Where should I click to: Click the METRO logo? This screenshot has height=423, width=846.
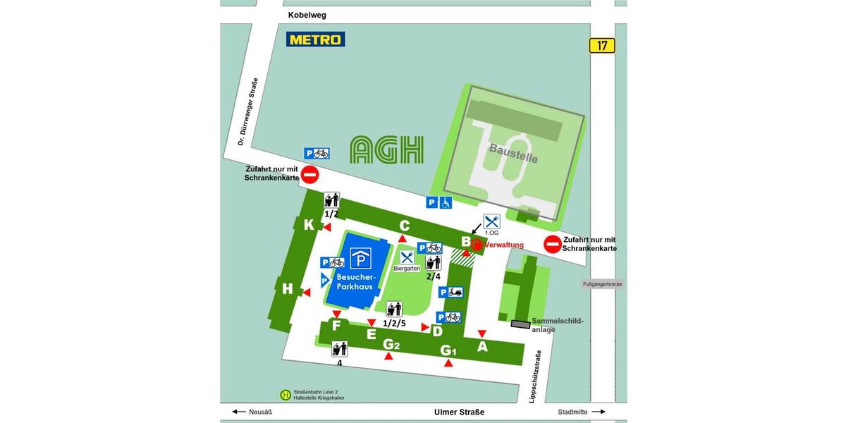pos(315,39)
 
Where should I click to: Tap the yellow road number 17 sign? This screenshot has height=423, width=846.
pos(602,46)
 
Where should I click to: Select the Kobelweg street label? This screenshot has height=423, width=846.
pos(307,15)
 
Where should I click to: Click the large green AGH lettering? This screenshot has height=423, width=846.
pos(387,149)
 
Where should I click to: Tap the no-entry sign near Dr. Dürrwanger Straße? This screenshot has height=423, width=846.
pos(310,175)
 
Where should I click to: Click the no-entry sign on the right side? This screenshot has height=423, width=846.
pos(553,245)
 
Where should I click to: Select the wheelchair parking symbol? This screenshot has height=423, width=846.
pos(446,202)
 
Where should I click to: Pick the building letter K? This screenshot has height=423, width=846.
pos(309,225)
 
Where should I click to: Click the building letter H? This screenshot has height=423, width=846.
pos(287,288)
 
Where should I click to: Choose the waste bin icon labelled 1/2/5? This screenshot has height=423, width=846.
pos(393,309)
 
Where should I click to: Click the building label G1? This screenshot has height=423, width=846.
pos(448,350)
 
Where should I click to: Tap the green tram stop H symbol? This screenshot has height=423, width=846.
pos(286,396)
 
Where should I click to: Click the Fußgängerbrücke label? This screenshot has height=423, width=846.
pos(602,285)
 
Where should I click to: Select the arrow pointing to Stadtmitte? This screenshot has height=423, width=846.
pos(599,412)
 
